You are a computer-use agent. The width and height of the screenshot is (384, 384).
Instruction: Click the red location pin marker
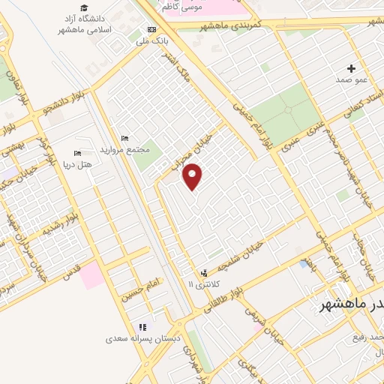[x=193, y=175]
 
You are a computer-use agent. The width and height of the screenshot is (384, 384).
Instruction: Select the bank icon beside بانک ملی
[x=153, y=30]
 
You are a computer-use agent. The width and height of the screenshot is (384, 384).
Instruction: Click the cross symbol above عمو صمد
[x=350, y=68]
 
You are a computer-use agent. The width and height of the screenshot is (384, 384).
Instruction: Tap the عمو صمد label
[x=350, y=79]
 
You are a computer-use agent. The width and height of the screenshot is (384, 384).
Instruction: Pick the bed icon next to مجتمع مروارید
[x=124, y=138]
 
